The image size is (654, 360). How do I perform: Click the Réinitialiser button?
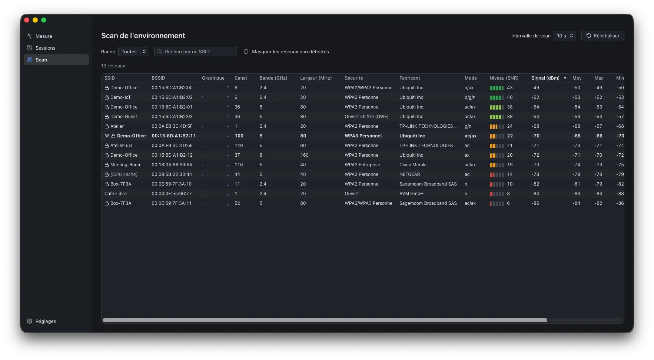click(602, 36)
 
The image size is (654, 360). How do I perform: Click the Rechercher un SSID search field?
click(196, 51)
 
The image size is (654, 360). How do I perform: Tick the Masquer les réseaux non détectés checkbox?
click(246, 51)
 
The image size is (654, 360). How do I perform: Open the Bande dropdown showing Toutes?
click(133, 51)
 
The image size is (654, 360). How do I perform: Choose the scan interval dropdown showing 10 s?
click(564, 36)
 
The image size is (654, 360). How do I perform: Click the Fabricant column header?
click(409, 78)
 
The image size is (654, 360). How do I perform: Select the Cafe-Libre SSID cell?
click(116, 194)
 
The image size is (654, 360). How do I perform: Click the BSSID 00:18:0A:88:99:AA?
click(172, 165)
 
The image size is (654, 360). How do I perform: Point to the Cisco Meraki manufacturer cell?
click(413, 165)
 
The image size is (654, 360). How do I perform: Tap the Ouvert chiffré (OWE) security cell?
click(366, 117)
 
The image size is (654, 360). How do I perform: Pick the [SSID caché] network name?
click(124, 174)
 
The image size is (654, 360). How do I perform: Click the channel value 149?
click(239, 146)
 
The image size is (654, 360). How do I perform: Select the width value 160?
click(304, 155)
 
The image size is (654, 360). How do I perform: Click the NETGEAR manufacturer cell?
click(409, 174)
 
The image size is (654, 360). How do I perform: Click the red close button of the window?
click(27, 20)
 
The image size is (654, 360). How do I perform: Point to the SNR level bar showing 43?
click(497, 88)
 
